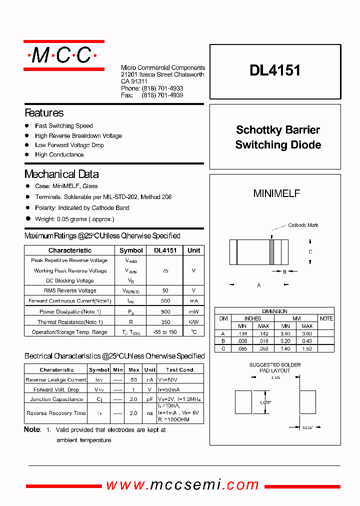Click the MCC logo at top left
(64, 55)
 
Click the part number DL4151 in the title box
(275, 70)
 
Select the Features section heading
(44, 113)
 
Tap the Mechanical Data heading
(61, 174)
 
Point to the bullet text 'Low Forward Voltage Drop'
(69, 145)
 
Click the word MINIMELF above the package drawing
(276, 193)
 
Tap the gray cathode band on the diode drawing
(272, 252)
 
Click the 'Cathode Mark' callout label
(303, 225)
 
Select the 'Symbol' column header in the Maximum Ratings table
(131, 250)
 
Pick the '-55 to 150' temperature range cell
(165, 332)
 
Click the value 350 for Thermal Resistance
(165, 322)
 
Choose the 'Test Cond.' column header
(180, 370)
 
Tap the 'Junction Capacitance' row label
(56, 399)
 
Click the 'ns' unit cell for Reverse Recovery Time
(149, 413)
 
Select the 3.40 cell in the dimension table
(285, 333)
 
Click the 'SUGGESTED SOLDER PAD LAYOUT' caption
(275, 367)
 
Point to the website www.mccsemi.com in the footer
(182, 485)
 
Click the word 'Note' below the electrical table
(32, 429)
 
